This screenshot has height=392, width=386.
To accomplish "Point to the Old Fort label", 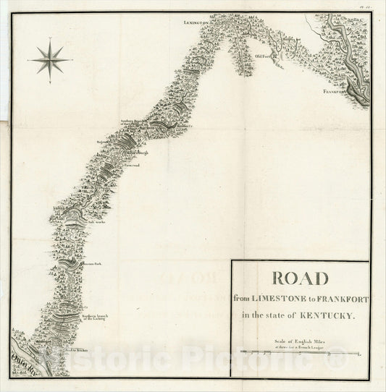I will point(262,55).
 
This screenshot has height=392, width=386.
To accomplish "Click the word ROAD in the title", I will point(300,278).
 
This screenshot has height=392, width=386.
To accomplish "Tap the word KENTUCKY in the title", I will point(327,315).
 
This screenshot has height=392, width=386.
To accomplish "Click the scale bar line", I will point(302,353).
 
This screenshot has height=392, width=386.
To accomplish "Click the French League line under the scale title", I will point(300,346).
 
